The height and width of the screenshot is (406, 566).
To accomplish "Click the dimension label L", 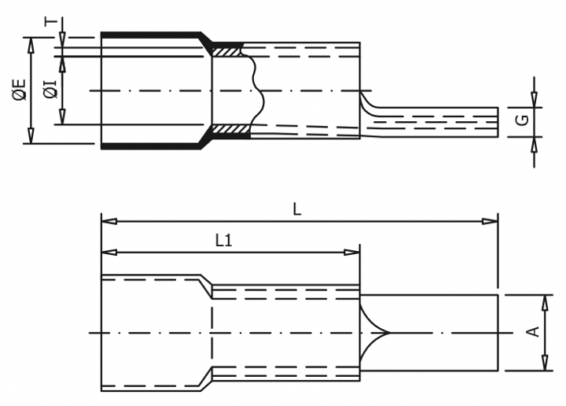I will (x=296, y=209).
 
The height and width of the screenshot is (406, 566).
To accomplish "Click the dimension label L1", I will (x=223, y=242).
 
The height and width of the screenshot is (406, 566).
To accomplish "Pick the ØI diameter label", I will (x=50, y=89).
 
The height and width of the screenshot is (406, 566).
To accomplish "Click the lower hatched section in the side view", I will (x=230, y=129).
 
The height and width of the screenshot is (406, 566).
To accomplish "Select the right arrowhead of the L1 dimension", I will (x=355, y=253).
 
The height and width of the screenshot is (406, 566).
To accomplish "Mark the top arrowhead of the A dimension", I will (x=545, y=301).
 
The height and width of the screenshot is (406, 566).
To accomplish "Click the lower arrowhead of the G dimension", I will (x=535, y=141).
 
